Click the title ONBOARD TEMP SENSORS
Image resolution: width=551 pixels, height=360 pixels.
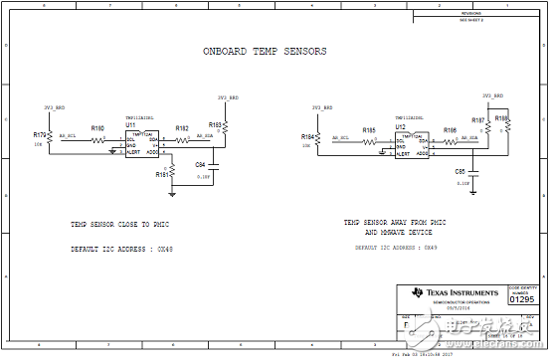[x=265, y=51]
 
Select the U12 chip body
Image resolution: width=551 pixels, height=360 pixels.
[x=410, y=144]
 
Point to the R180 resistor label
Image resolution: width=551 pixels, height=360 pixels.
[x=97, y=128]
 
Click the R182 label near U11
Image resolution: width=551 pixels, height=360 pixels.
[x=182, y=128]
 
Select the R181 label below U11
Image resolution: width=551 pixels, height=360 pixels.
[x=161, y=174]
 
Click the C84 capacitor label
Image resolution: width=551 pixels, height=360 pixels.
[x=200, y=164]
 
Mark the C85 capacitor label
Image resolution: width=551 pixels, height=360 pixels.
[x=459, y=171]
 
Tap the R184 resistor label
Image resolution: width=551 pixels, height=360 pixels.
[x=307, y=135]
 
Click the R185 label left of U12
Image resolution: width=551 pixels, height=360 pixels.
[x=369, y=130]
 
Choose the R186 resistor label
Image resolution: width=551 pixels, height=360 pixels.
[x=451, y=130]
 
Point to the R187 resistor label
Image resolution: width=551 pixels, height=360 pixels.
[x=477, y=120]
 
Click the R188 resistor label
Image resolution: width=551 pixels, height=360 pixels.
[x=500, y=117]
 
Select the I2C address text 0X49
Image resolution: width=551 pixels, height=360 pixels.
[x=430, y=247]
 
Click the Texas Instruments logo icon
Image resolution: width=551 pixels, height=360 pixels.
[x=416, y=293]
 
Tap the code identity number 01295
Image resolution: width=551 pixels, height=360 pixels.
[x=521, y=297]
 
